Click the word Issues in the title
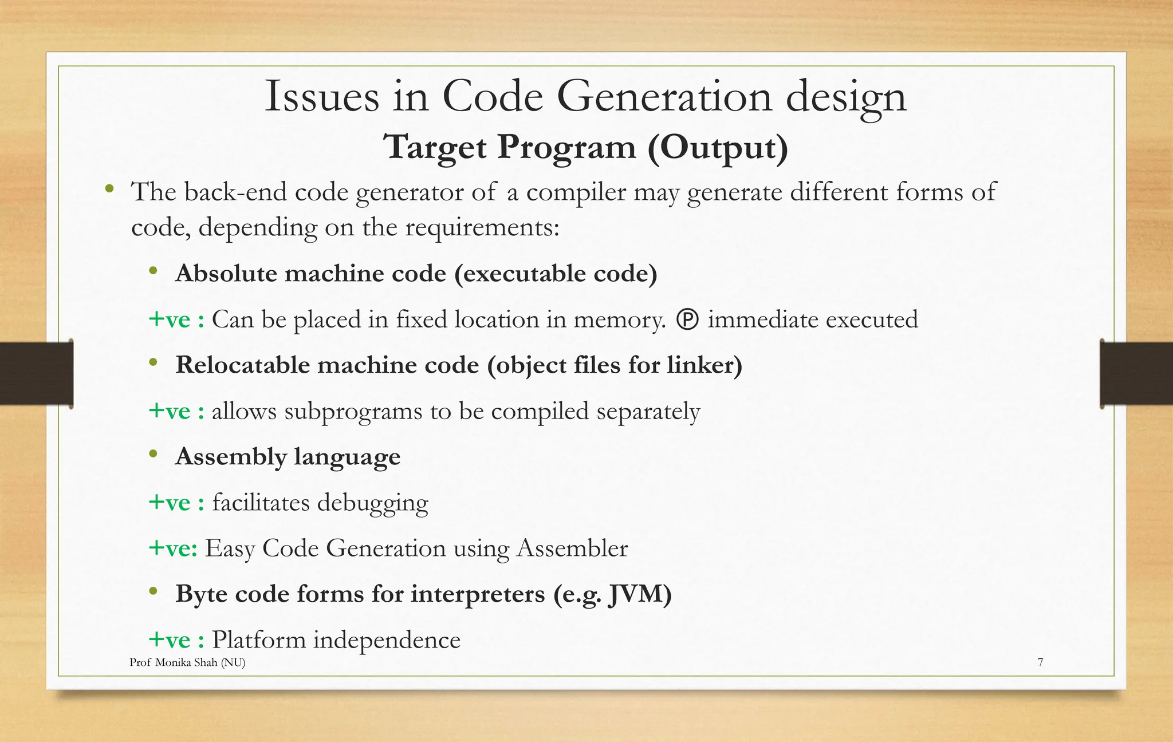tap(322, 96)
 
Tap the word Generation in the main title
tap(665, 96)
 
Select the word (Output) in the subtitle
tap(718, 147)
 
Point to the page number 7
tap(1040, 662)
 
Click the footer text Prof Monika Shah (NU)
tap(187, 662)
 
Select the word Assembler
tap(572, 548)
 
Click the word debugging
tap(372, 503)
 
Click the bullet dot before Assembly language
tap(153, 455)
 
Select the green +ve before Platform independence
tap(170, 640)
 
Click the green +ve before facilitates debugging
tap(170, 503)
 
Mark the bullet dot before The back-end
tap(109, 189)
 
